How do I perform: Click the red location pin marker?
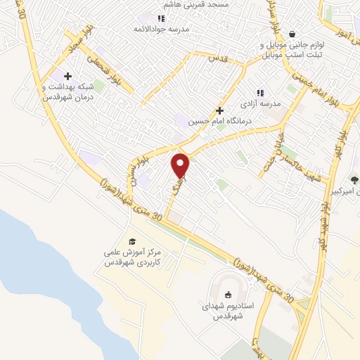(x=181, y=165)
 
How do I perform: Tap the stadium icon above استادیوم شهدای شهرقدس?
(x=228, y=295)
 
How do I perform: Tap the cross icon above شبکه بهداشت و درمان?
(x=67, y=76)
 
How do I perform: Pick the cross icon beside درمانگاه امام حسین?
(x=220, y=110)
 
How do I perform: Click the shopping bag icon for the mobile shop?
(x=292, y=34)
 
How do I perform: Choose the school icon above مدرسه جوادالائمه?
(x=161, y=19)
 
